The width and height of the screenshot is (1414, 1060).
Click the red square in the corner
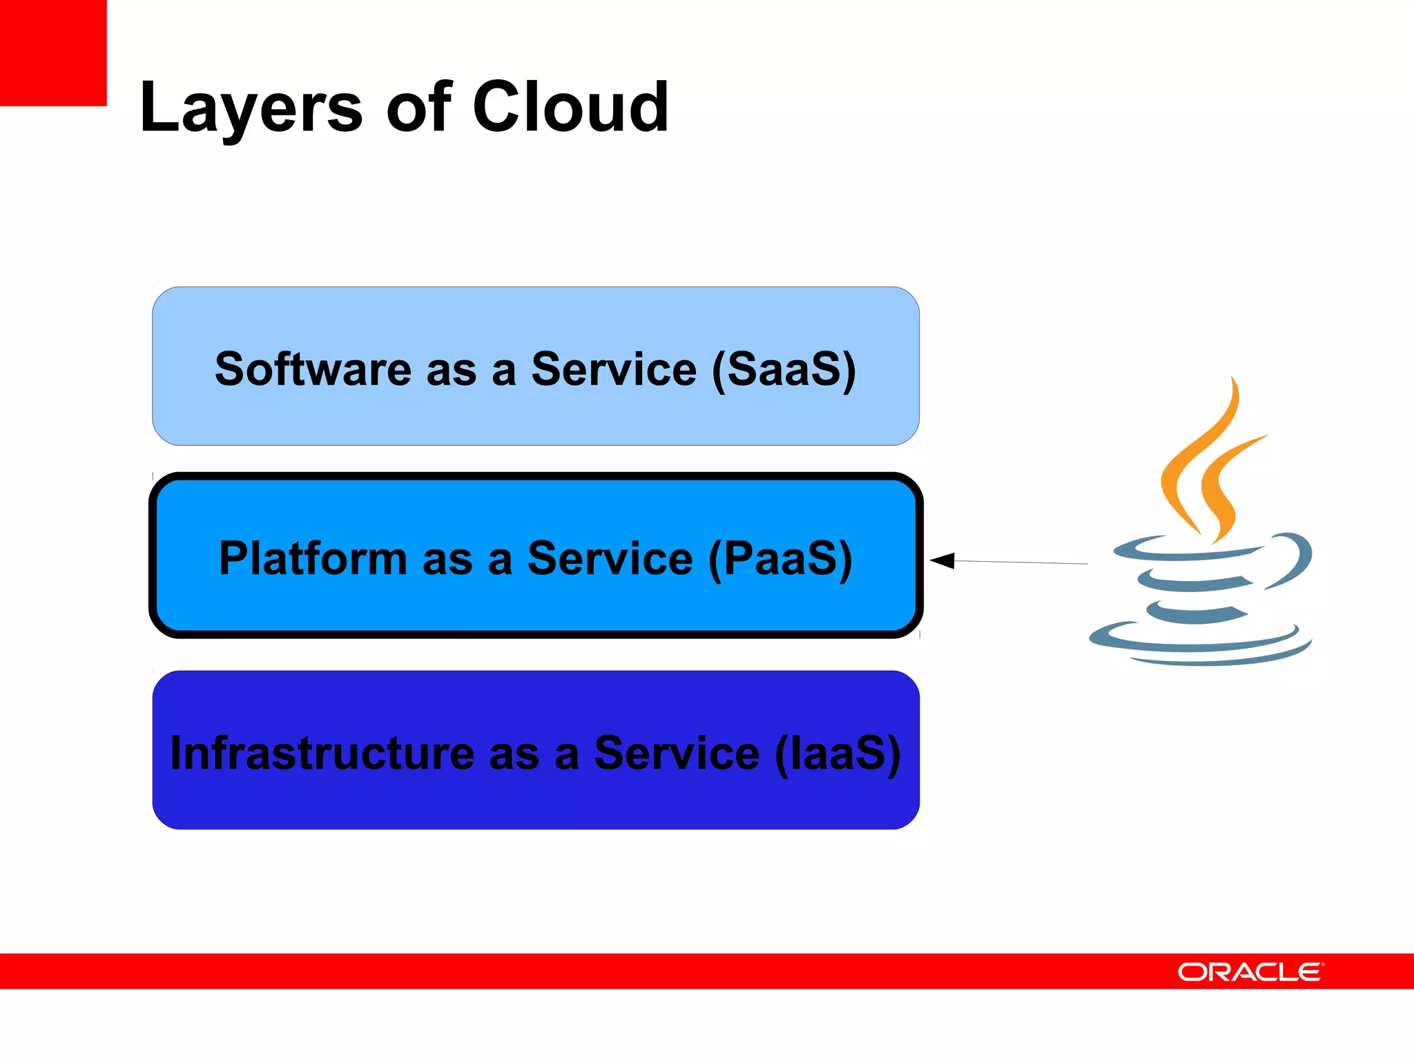tap(52, 52)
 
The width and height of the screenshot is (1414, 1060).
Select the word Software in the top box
tap(313, 369)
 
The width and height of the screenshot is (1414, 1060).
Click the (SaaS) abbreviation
tap(784, 370)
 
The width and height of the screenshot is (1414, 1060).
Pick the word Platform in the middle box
tap(313, 558)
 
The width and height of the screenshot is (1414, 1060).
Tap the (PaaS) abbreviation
tap(780, 559)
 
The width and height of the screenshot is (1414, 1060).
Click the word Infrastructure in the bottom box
tap(322, 753)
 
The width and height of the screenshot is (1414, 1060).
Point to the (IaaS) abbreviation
tap(837, 754)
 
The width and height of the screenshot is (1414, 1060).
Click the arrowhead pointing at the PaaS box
tap(942, 560)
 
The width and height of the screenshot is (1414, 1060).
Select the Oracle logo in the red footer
tap(1250, 972)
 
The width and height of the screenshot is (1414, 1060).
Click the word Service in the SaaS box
tap(614, 369)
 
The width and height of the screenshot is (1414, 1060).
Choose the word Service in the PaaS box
tap(610, 558)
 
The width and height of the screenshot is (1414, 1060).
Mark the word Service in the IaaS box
tap(677, 753)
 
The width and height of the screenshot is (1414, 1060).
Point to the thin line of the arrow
tap(1022, 562)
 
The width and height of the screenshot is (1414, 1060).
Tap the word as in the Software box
tap(452, 371)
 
